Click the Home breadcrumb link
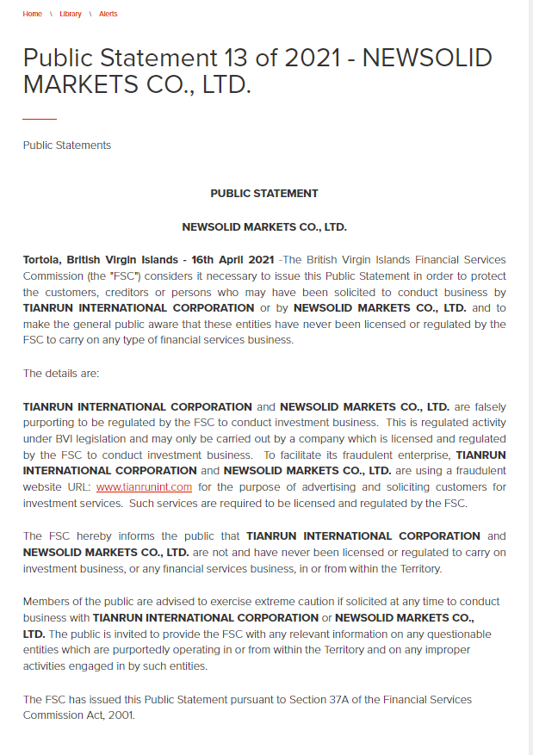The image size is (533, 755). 32,15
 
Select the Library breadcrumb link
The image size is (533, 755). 71,15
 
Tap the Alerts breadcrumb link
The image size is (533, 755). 108,15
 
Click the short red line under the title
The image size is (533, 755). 40,118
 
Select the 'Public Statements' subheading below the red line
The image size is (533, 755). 67,145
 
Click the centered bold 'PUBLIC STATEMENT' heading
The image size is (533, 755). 264,194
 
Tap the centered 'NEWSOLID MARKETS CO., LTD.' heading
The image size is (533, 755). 264,228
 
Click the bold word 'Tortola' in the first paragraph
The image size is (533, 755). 42,260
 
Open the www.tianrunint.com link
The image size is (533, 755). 144,487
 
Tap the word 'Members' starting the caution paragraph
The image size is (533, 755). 46,602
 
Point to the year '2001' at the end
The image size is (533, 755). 121,715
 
